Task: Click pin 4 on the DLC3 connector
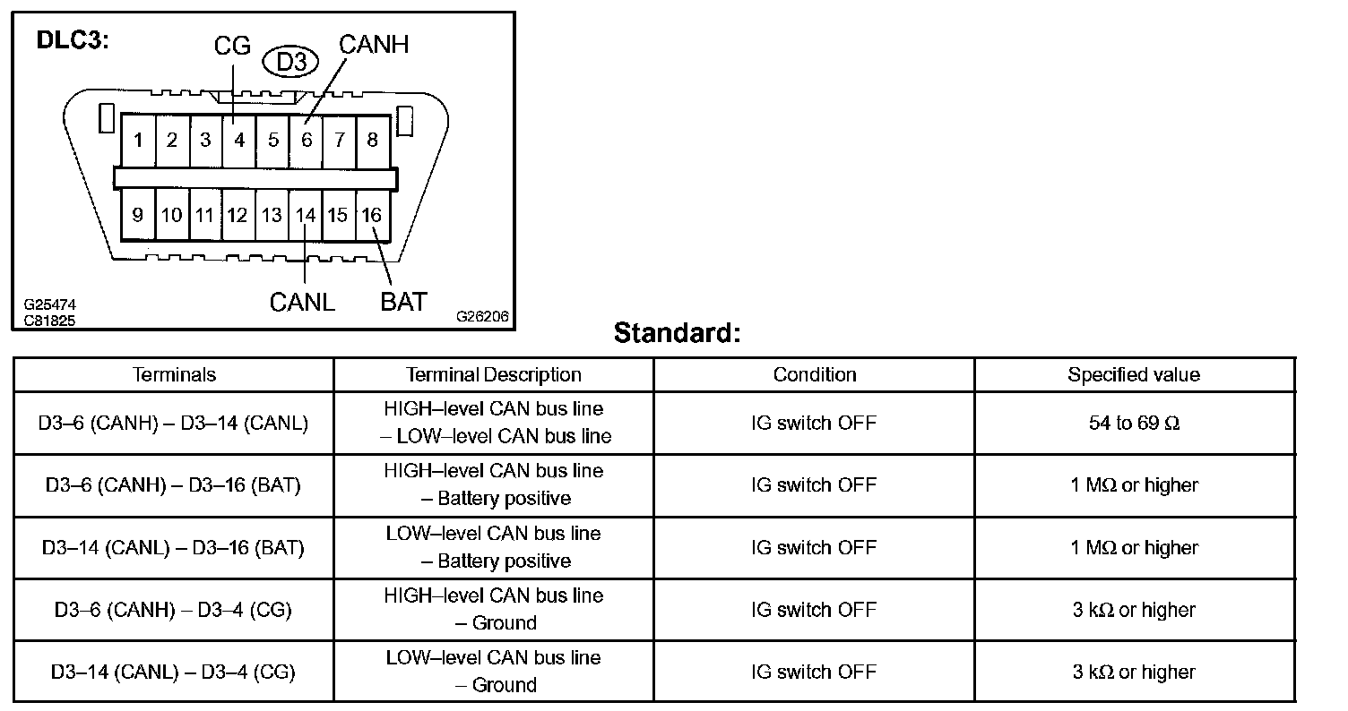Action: tap(239, 141)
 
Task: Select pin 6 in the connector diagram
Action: tap(307, 141)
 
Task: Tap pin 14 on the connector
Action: tap(306, 215)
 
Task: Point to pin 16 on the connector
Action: tap(372, 215)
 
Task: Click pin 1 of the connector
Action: tap(138, 141)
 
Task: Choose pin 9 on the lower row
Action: tap(138, 215)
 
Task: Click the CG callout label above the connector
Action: tap(232, 47)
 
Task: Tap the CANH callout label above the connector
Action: tap(374, 43)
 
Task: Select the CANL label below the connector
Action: tap(302, 302)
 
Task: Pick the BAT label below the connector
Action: tap(403, 302)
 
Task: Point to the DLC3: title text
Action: tap(72, 40)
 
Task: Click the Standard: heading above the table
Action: tap(678, 333)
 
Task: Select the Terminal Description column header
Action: tap(494, 375)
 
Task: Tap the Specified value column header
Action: tap(1134, 375)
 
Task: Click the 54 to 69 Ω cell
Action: tap(1134, 423)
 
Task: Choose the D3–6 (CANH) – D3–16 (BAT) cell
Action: tap(174, 485)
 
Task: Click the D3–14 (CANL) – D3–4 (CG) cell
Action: tap(174, 672)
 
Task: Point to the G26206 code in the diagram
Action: tap(482, 316)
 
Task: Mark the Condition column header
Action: tap(815, 375)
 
